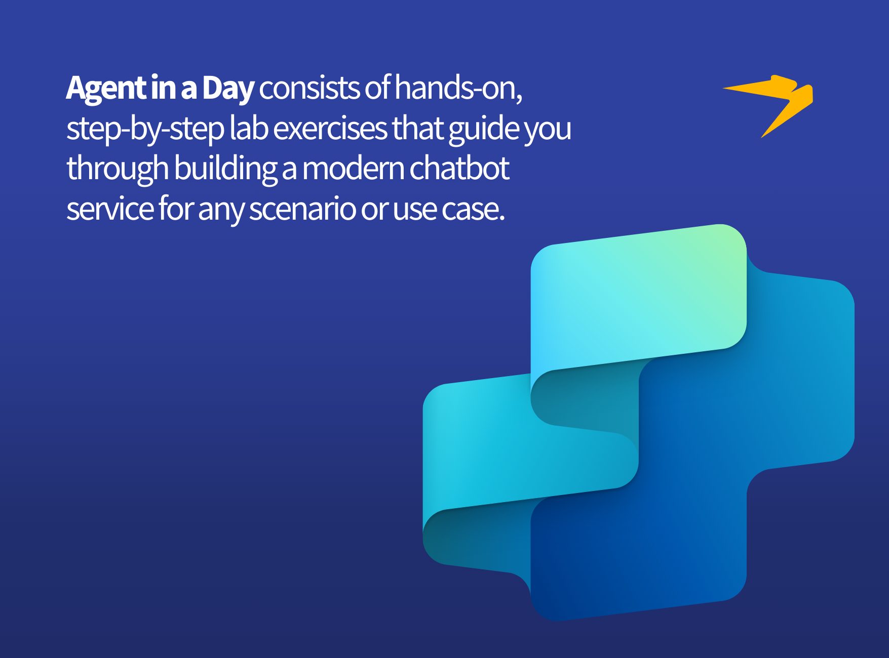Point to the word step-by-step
[145, 129]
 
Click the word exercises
[330, 129]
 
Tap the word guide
[483, 129]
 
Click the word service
[109, 209]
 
